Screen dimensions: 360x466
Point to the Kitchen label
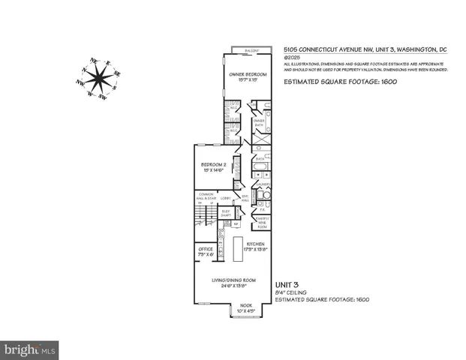260,246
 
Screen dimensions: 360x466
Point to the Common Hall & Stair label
206,199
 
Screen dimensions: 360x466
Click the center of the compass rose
96,77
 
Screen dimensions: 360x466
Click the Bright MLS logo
30,349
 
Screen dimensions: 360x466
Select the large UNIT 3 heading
287,284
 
